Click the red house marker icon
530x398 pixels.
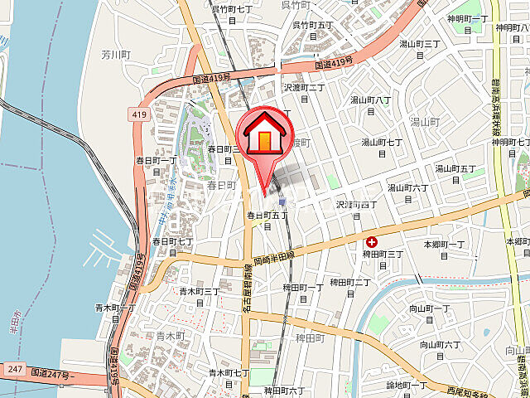[x=264, y=133]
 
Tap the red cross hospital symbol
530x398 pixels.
[x=372, y=242]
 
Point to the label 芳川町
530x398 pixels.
[x=117, y=54]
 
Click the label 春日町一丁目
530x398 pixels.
[x=157, y=164]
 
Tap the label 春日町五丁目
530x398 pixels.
[x=267, y=220]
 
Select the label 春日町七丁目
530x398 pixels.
[x=172, y=246]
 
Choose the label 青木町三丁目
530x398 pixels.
[x=200, y=296]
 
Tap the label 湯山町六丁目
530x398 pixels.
[x=408, y=192]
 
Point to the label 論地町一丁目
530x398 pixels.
[x=407, y=389]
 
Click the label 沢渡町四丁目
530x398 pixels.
[x=357, y=208]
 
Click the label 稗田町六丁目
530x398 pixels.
[x=286, y=391]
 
